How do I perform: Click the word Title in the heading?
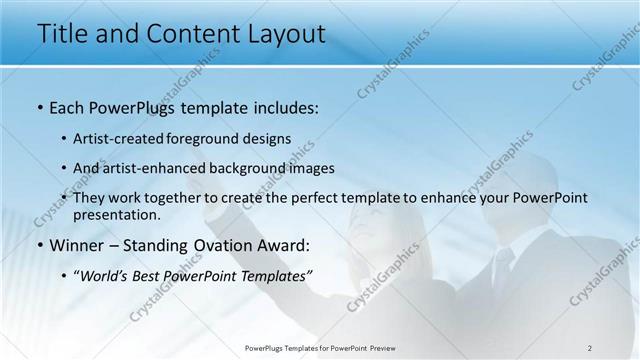(63, 33)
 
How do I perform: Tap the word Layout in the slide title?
(281, 33)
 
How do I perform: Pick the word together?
(175, 198)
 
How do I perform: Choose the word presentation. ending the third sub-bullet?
(117, 214)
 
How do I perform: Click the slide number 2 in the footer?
(590, 347)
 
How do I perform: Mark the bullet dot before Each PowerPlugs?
(39, 106)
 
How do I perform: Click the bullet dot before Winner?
(39, 245)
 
